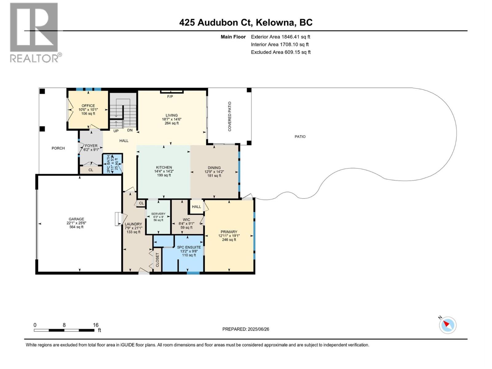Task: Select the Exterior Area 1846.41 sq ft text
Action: [x=280, y=37]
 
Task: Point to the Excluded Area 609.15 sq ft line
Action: [x=280, y=52]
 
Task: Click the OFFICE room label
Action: [x=88, y=105]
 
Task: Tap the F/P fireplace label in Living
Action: [x=170, y=97]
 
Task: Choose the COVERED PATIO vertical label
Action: [x=230, y=117]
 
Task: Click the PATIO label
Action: [x=300, y=137]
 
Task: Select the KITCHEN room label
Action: [x=164, y=168]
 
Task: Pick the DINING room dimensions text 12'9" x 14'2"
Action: [x=214, y=172]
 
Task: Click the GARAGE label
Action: [x=76, y=219]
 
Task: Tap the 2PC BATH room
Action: [x=112, y=164]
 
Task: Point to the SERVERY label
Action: [x=158, y=214]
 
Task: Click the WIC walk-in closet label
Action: [x=186, y=220]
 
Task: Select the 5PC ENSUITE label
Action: [x=189, y=247]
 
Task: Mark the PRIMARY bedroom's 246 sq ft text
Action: [x=229, y=240]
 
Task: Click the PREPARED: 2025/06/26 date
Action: [x=246, y=329]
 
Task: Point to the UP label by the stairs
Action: [x=116, y=131]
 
